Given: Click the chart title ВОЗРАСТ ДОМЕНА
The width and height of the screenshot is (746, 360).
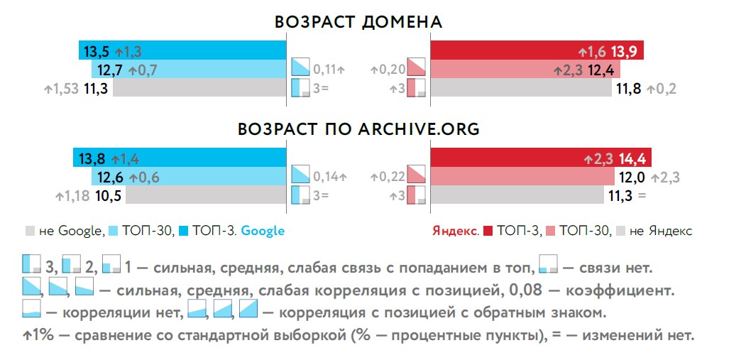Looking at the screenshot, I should (358, 22).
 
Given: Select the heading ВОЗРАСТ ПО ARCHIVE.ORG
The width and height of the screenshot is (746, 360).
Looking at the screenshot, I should (358, 129).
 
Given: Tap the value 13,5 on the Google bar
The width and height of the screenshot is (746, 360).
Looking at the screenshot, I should (97, 51).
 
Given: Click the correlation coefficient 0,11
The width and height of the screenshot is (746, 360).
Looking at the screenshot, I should (325, 70).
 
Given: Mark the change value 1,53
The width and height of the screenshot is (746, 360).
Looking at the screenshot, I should (65, 89).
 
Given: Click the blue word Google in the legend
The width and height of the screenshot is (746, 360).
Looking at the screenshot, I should (263, 231).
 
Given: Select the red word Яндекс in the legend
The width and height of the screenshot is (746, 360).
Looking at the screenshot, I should (456, 231).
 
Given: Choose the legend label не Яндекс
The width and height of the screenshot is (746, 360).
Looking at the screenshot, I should (661, 231).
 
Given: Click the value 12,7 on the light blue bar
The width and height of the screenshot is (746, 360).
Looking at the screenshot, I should (108, 70).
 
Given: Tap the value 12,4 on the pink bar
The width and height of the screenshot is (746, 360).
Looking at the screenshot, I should (603, 70).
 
